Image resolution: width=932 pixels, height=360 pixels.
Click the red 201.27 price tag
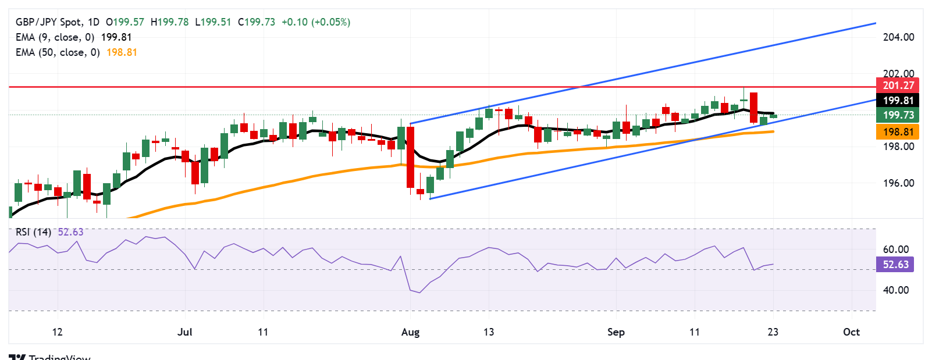(898, 85)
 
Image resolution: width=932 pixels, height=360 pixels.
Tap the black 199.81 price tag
(898, 101)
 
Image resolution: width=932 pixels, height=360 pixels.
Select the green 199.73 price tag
(898, 115)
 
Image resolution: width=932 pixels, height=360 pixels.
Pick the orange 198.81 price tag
(898, 132)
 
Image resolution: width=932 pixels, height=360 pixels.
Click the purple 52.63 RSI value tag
(895, 265)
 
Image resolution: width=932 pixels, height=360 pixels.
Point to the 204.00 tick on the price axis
(898, 37)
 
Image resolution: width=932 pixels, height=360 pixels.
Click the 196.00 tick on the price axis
(898, 183)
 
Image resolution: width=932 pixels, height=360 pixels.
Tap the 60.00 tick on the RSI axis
(895, 249)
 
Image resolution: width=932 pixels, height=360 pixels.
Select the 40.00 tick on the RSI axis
(895, 290)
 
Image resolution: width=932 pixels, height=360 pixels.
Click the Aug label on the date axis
(410, 332)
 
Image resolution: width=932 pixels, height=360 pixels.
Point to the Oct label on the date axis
(851, 332)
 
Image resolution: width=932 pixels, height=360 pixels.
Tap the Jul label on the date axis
(184, 332)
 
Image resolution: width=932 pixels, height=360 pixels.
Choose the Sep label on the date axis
(616, 332)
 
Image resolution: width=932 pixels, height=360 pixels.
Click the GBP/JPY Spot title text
(49, 22)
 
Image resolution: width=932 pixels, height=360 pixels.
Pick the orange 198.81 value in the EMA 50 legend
(122, 52)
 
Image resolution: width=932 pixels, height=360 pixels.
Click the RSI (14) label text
(33, 232)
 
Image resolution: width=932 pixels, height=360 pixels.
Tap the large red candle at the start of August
(410, 157)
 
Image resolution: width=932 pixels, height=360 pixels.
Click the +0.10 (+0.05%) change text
(315, 22)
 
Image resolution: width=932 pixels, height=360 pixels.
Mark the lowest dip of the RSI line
(419, 293)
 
